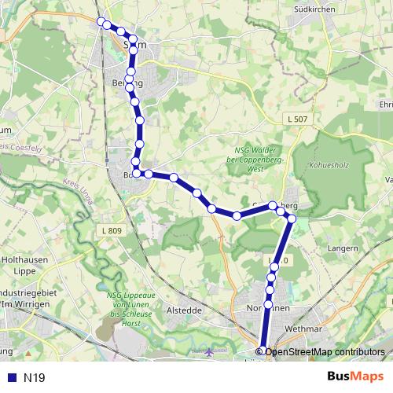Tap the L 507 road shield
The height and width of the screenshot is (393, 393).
(x=296, y=118)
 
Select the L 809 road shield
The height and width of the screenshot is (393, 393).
(x=112, y=230)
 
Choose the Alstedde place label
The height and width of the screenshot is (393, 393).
(x=185, y=310)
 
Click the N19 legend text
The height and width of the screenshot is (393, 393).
(x=35, y=378)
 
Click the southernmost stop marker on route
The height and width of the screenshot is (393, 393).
(x=263, y=351)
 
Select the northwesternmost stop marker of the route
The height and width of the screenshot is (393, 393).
(x=100, y=21)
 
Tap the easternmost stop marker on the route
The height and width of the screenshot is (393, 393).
(x=291, y=218)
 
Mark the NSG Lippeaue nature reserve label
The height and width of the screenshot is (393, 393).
(x=126, y=309)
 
